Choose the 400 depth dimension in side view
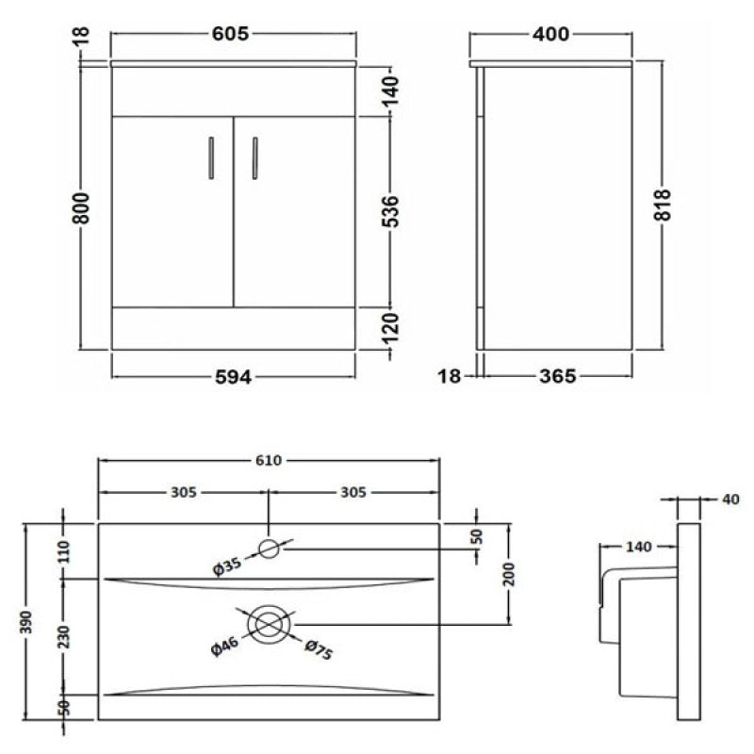tap(550, 35)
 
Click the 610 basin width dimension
tap(268, 460)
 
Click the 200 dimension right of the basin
tap(509, 576)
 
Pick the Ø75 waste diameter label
tap(318, 650)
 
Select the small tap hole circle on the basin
tap(269, 548)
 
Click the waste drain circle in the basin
tap(269, 623)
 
